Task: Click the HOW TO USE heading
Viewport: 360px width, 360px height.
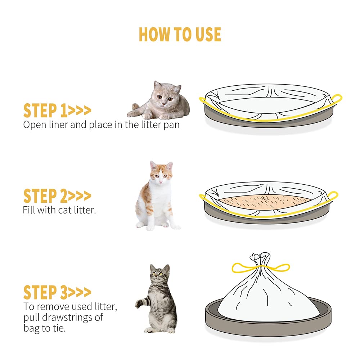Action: [180, 35]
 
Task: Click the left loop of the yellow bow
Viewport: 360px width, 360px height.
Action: [240, 267]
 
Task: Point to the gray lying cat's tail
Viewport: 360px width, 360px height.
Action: [135, 107]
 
